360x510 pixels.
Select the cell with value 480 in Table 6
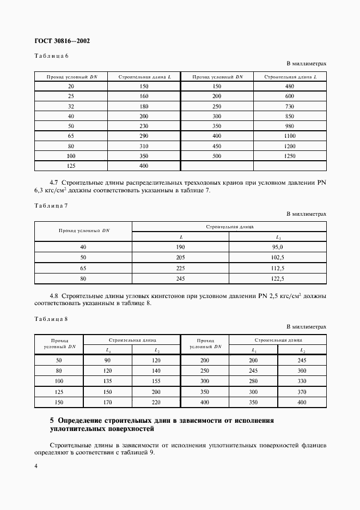pos(290,86)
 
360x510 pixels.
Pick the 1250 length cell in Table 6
pos(290,156)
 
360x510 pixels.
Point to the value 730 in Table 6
pos(290,106)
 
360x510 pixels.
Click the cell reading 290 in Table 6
pos(144,136)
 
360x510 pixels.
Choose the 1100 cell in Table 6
pos(290,136)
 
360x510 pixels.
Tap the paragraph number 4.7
pos(54,181)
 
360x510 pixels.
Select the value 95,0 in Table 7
pos(278,247)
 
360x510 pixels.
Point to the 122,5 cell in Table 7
pos(278,278)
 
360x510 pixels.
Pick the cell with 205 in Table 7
pos(181,258)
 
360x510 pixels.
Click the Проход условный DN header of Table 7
pos(83,230)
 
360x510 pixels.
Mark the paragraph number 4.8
pos(54,296)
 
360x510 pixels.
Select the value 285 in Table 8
pos(253,371)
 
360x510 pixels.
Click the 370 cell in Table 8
pos(302,392)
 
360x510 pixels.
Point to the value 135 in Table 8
pos(108,381)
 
